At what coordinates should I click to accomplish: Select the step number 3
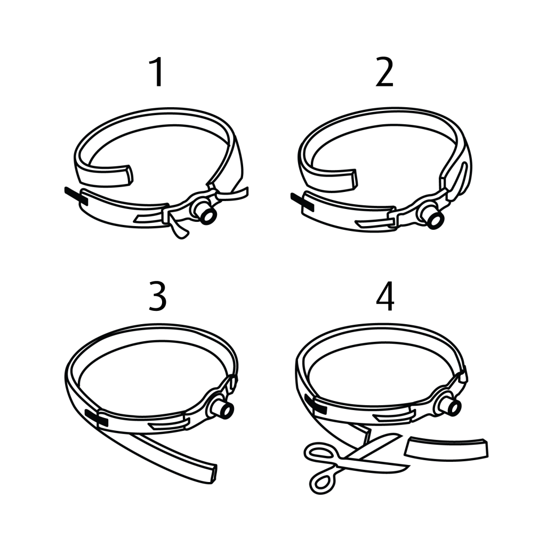[x=157, y=296]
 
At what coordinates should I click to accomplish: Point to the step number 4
[x=385, y=296]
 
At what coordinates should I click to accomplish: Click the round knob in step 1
[x=206, y=214]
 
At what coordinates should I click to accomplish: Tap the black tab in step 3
[x=97, y=419]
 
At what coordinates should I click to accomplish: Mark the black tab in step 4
[x=316, y=404]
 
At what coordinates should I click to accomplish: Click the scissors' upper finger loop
[x=319, y=454]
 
